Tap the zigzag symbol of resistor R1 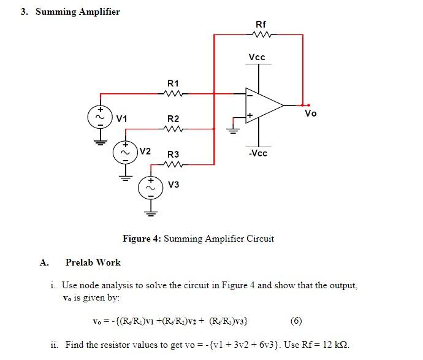(x=173, y=94)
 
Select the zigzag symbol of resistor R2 (x=173, y=129)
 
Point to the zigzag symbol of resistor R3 (x=173, y=164)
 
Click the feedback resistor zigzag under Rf (x=260, y=35)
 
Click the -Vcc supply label (x=257, y=153)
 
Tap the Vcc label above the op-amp (x=257, y=58)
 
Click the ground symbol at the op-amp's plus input (x=233, y=129)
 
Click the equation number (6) (x=295, y=320)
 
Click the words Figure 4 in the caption (x=142, y=239)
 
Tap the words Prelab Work (x=93, y=262)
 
